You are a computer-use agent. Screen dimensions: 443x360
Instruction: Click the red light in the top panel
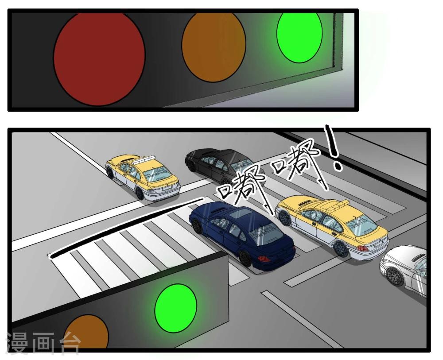click(x=99, y=59)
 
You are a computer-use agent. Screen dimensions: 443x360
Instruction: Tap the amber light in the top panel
click(x=214, y=47)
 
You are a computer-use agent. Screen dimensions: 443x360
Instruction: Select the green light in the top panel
click(x=299, y=37)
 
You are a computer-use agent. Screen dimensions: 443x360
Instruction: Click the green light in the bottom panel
click(x=176, y=308)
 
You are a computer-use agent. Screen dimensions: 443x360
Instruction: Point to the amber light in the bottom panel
click(x=86, y=333)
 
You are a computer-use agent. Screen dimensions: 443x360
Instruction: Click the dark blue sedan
click(x=242, y=235)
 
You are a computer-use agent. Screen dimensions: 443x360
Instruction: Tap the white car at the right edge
click(x=404, y=270)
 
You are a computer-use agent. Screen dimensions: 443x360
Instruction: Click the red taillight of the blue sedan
click(x=264, y=258)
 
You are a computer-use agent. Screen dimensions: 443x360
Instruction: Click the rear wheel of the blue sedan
click(x=245, y=258)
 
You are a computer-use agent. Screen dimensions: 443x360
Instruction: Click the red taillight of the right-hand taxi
click(x=363, y=248)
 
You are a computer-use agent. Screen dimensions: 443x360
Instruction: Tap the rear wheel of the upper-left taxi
click(x=139, y=193)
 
